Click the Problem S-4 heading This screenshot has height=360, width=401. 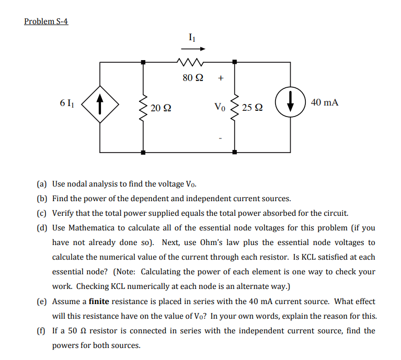(46, 21)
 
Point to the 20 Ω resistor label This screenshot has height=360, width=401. (160, 108)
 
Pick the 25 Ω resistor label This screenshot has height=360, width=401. (253, 108)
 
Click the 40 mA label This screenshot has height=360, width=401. (324, 103)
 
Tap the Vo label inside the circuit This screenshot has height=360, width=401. (220, 108)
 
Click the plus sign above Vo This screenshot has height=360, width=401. (221, 79)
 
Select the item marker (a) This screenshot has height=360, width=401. (42, 184)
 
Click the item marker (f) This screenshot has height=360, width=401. (41, 331)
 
